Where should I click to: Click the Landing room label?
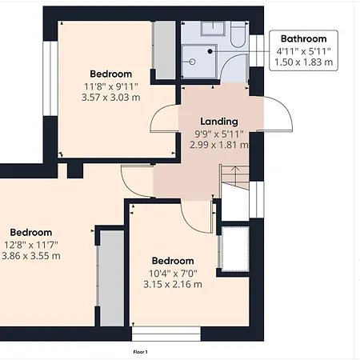tap(219, 122)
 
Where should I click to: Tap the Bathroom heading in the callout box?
tap(303, 39)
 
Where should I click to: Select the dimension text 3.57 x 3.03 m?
tap(111, 98)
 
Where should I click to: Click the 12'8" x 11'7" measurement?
tap(31, 244)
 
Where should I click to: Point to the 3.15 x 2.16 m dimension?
tap(173, 284)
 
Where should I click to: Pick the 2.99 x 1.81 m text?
tap(219, 145)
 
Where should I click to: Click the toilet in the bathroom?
tap(238, 34)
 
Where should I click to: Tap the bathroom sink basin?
tap(213, 28)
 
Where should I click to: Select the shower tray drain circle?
tap(192, 62)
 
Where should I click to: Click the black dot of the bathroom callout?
tap(210, 51)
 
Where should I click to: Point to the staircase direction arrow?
tap(235, 174)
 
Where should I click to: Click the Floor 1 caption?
tap(141, 352)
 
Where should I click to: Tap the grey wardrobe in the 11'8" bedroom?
tap(165, 50)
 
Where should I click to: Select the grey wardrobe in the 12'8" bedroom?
tap(112, 278)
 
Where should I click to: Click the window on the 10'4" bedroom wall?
tap(166, 334)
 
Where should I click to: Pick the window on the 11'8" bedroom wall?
tap(50, 78)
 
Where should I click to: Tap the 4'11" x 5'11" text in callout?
tap(303, 51)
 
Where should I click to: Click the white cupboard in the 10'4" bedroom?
tap(234, 250)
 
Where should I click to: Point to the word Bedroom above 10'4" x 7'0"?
tap(173, 261)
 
